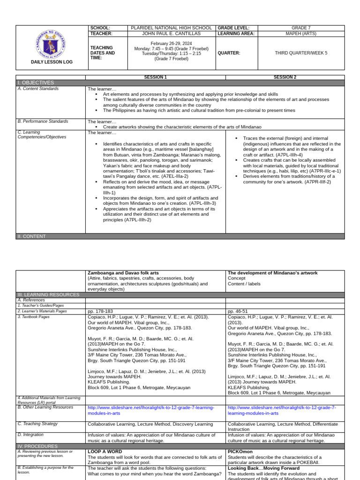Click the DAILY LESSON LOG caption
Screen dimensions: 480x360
(52, 62)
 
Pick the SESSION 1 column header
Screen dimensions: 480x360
(155, 77)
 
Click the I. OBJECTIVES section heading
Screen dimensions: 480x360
(36, 82)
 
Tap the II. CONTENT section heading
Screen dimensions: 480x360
(33, 237)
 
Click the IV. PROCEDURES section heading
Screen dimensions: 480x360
(37, 446)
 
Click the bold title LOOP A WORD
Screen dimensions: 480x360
(105, 451)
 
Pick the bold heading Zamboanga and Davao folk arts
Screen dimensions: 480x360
(123, 273)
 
